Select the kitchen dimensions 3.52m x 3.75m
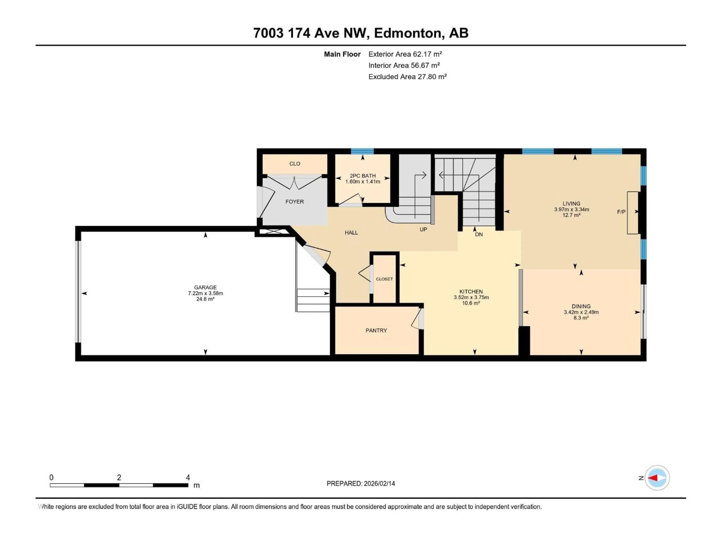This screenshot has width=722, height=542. (x=471, y=297)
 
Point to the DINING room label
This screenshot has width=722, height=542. (x=581, y=306)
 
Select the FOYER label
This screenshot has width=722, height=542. (x=294, y=202)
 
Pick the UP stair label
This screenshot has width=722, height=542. (x=423, y=230)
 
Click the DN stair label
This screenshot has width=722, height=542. (x=479, y=234)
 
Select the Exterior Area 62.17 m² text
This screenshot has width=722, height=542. (x=405, y=54)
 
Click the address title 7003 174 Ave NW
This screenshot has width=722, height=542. (x=360, y=33)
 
